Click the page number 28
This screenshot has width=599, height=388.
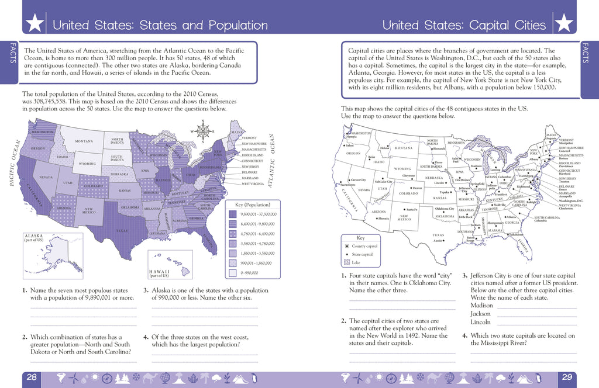pos(32,377)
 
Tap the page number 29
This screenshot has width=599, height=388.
pos(566,377)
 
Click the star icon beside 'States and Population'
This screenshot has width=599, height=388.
pos(35,25)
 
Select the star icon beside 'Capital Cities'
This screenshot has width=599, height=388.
pos(563,25)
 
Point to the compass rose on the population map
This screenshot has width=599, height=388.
pos(204,131)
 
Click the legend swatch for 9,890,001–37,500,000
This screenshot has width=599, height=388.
pos(232,214)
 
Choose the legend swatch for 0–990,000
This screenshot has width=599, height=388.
pos(232,272)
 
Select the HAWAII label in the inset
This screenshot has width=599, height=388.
pos(160,271)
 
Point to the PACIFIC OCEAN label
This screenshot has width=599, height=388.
pos(15,162)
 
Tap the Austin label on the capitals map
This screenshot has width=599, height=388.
pos(438,240)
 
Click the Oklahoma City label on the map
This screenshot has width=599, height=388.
pos(445,209)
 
